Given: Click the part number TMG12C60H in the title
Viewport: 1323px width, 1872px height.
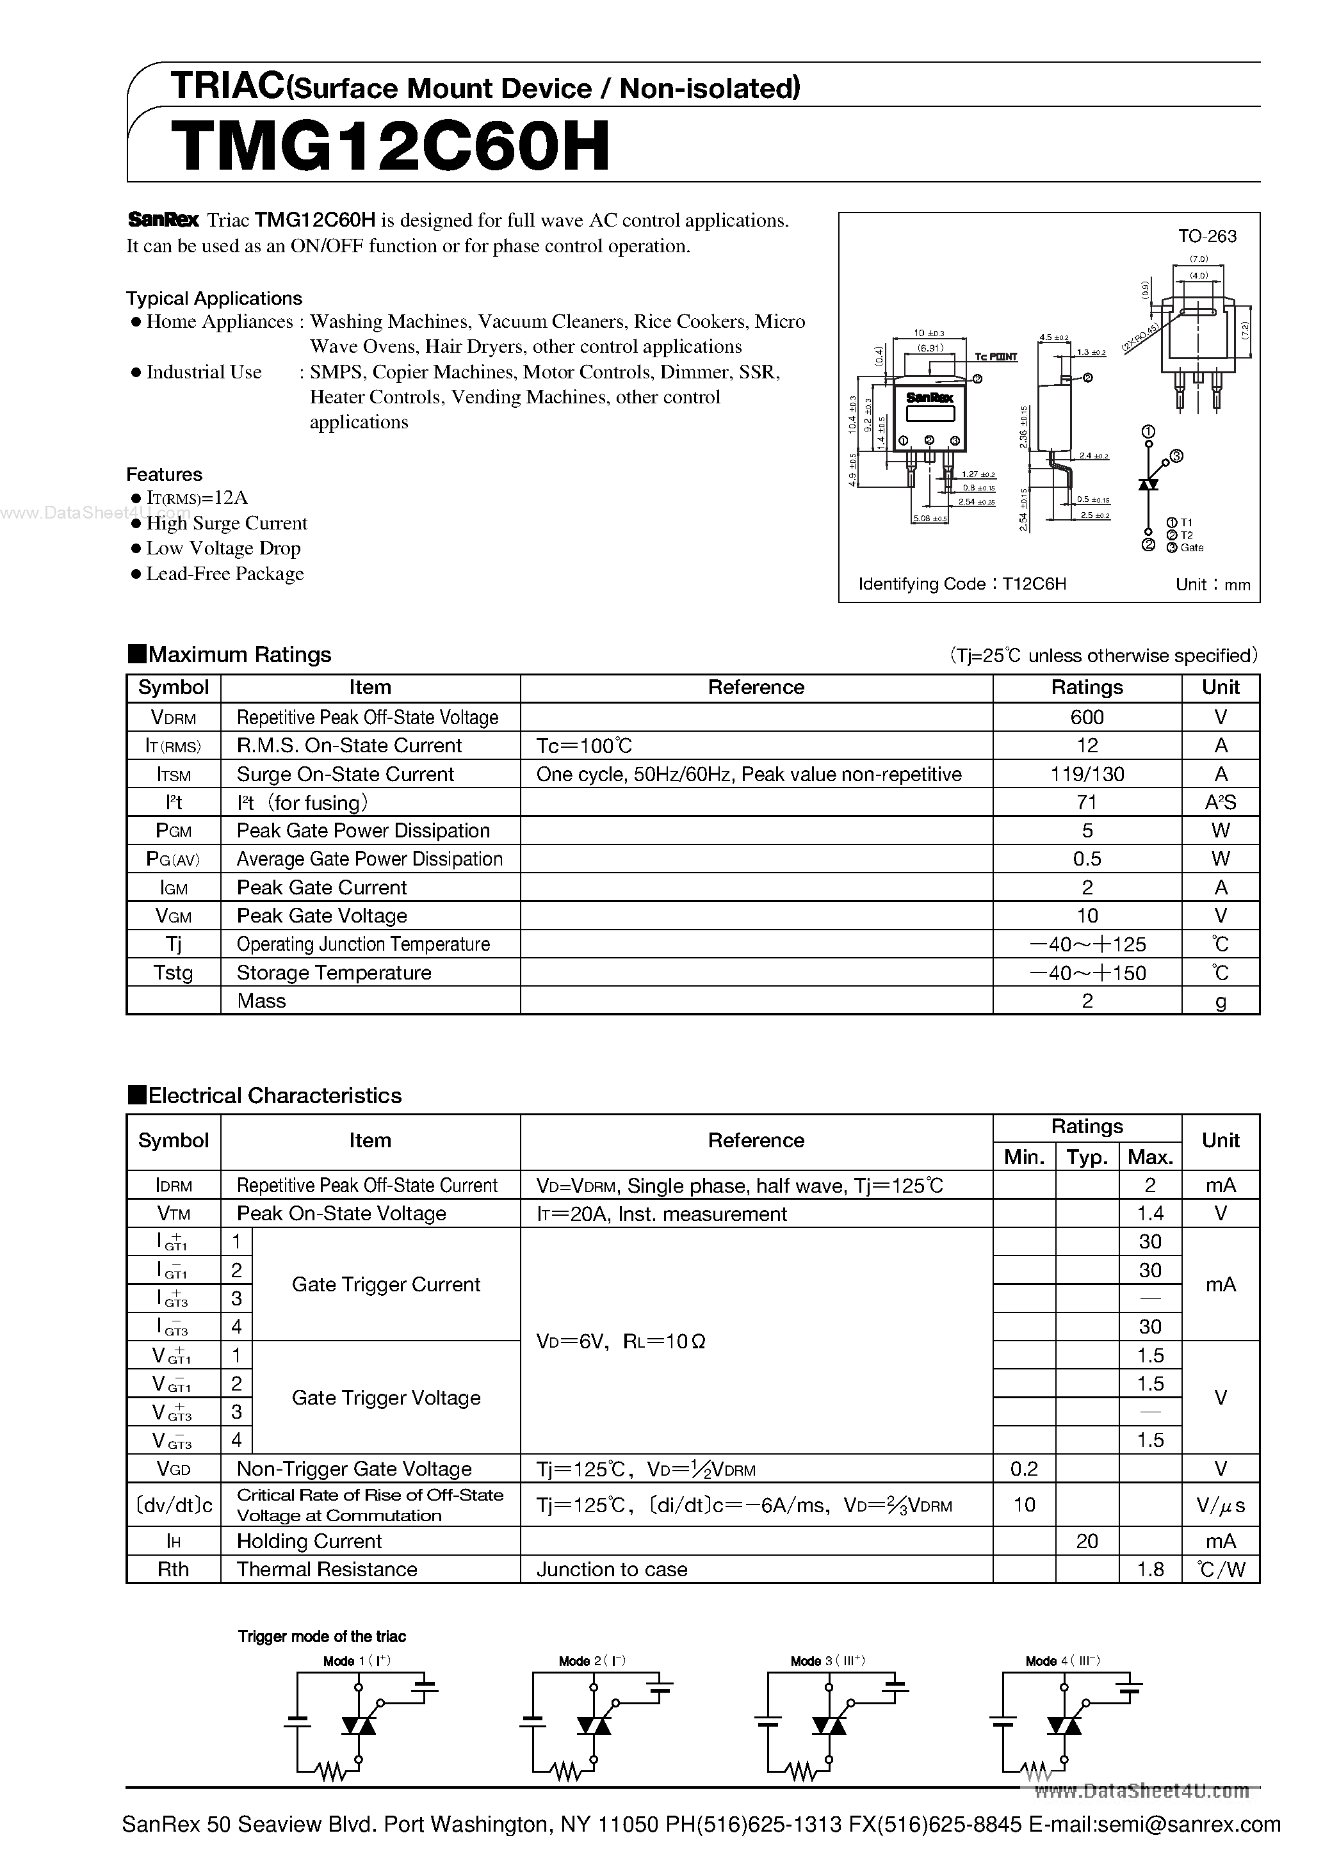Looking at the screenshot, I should click(391, 147).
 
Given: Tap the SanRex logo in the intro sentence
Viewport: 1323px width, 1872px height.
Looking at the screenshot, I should click(163, 220).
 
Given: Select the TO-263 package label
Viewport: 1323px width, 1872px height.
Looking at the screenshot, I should click(1206, 236).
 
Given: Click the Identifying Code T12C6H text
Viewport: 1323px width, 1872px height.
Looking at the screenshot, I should click(962, 584).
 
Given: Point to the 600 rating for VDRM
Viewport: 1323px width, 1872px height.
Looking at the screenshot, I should click(1087, 718).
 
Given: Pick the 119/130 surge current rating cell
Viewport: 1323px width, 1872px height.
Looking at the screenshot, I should click(1087, 775).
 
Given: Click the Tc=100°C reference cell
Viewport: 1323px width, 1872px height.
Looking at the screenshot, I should click(584, 746).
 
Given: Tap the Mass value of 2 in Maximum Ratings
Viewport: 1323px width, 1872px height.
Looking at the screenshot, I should click(1087, 1001).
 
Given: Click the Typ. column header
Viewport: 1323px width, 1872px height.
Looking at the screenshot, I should click(1087, 1157).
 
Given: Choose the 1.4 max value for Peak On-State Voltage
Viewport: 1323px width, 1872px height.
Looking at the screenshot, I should click(1149, 1214).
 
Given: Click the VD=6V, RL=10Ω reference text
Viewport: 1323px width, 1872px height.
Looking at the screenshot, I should click(620, 1341).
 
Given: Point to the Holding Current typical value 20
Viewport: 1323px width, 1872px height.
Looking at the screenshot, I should click(1087, 1542).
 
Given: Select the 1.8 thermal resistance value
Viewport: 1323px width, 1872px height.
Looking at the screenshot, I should click(1149, 1570).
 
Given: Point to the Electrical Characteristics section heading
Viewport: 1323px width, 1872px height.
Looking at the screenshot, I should click(274, 1096).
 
